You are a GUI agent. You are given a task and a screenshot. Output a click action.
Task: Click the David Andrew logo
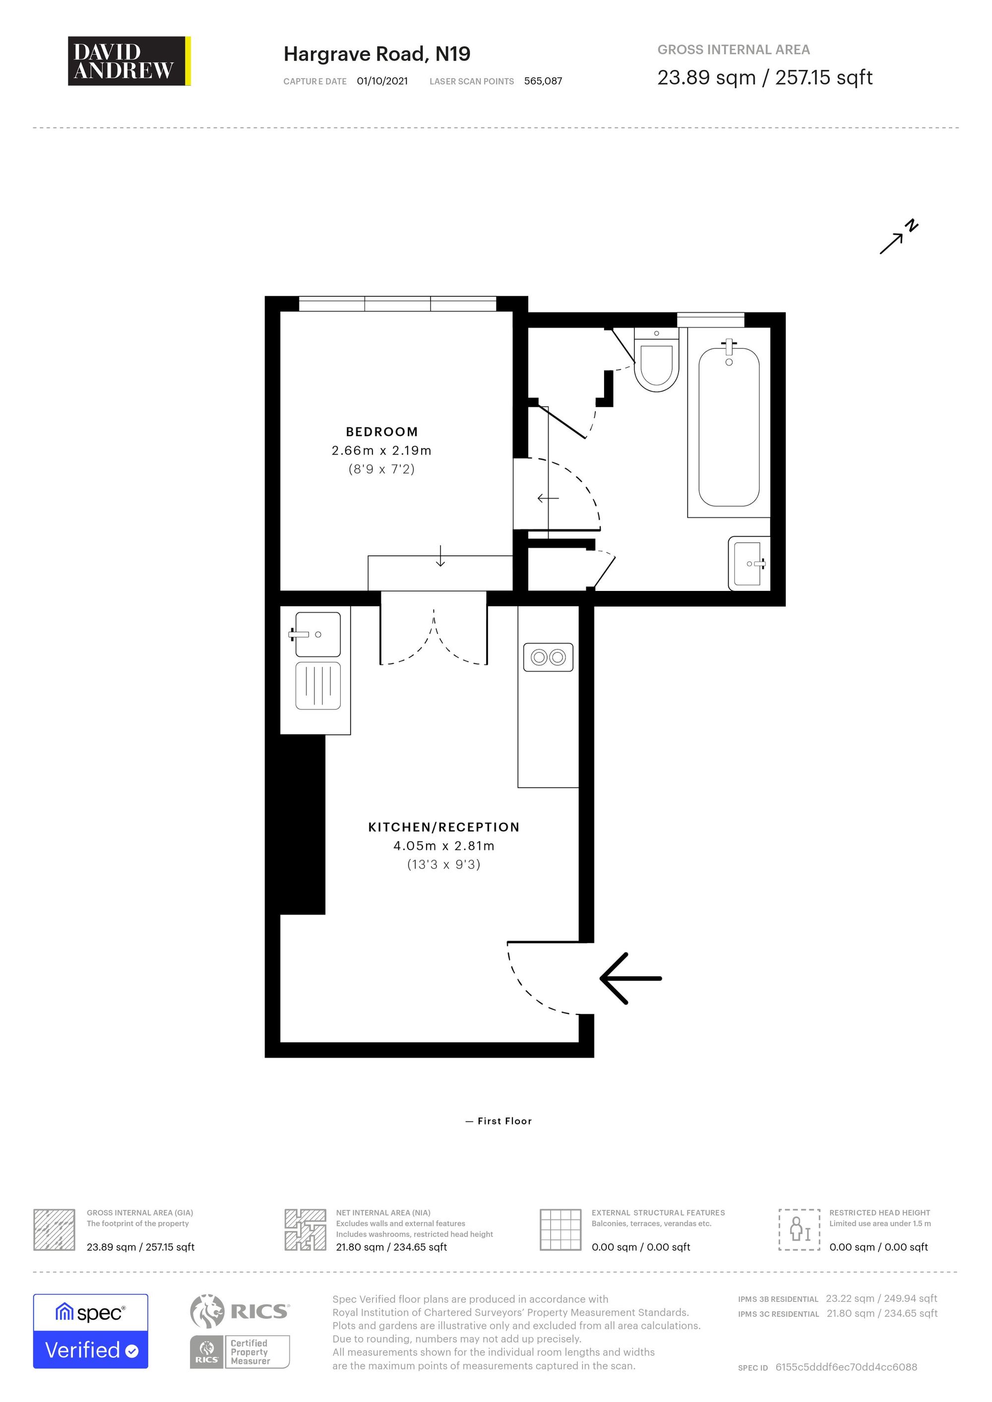point(129,61)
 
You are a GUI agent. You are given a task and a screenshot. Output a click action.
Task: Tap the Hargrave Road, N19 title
point(377,55)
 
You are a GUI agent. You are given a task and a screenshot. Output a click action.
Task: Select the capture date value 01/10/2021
point(382,81)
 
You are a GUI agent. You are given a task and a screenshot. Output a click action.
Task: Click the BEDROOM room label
point(382,432)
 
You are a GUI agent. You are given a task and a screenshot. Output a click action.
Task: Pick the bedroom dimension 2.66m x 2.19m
point(382,451)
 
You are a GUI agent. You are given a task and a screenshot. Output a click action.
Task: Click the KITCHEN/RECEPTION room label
point(444,827)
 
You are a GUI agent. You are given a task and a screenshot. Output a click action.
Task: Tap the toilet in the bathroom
point(657,360)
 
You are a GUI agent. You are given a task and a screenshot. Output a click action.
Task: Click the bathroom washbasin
point(749,564)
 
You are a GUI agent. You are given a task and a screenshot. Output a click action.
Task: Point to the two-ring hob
point(549,658)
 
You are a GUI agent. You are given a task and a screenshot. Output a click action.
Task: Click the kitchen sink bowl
point(317,635)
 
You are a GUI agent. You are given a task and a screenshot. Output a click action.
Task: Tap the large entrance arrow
point(630,978)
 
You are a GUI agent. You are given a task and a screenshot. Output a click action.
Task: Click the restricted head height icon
point(800,1230)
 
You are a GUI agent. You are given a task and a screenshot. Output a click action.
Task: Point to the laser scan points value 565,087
point(543,81)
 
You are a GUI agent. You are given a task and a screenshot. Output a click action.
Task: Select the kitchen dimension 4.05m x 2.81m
point(444,846)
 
